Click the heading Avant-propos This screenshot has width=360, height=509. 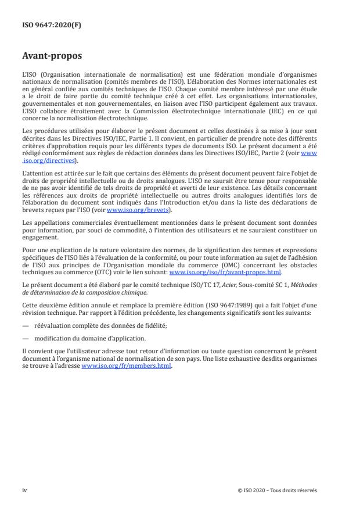pyautogui.click(x=52, y=56)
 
